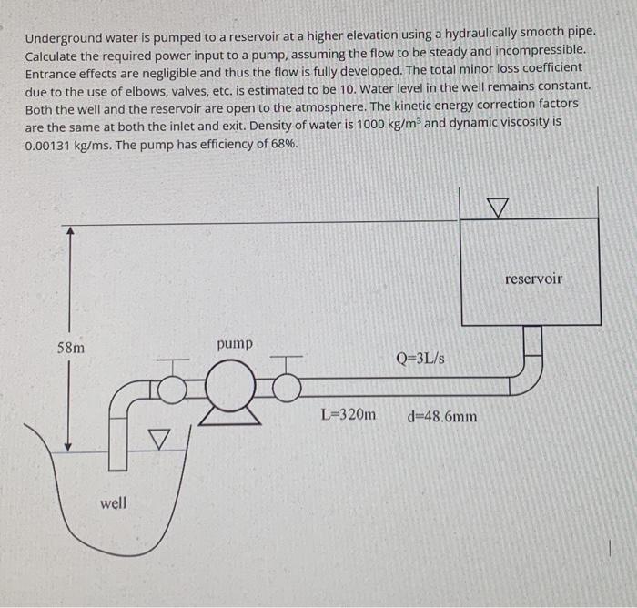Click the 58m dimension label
(x=73, y=348)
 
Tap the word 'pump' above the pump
(x=236, y=344)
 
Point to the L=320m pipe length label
(x=348, y=415)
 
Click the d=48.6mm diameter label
(x=443, y=417)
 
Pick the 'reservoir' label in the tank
(x=533, y=279)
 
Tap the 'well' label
(x=113, y=502)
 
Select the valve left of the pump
(x=173, y=388)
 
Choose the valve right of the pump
(x=287, y=387)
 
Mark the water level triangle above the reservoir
(x=498, y=208)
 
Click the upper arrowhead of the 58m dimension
(x=69, y=230)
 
